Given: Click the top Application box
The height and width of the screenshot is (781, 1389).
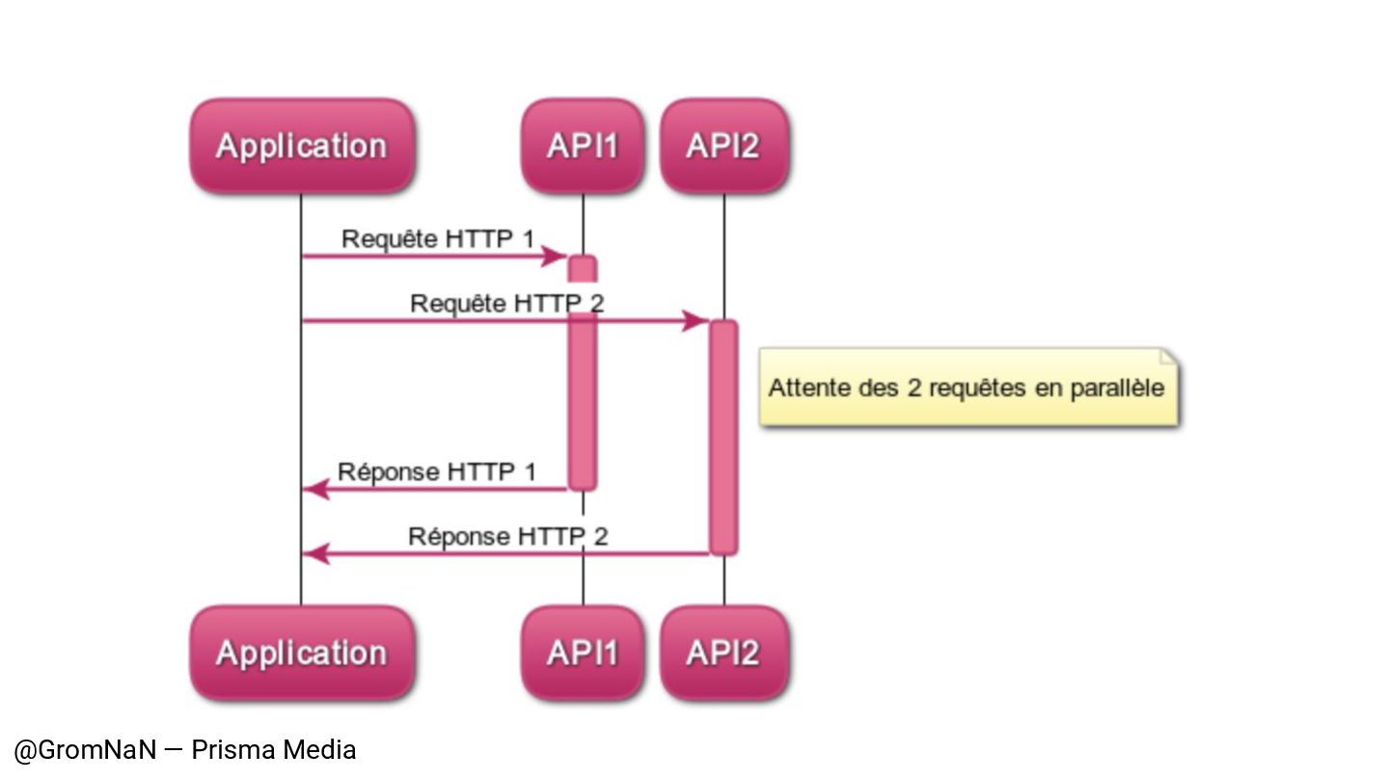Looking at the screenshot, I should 301,146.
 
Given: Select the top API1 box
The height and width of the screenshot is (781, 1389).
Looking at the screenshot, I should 582,146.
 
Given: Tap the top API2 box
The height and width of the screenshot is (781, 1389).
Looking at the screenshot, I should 723,146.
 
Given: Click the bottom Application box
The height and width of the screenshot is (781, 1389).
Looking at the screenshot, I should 301,653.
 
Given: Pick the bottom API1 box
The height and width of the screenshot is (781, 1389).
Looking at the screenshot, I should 582,653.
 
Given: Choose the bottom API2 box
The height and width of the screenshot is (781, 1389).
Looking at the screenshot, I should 723,653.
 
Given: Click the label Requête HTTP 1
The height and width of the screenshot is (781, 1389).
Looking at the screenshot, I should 437,238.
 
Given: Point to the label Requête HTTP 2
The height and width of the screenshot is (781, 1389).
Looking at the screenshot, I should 506,303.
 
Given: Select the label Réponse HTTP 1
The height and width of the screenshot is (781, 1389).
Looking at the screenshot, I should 436,471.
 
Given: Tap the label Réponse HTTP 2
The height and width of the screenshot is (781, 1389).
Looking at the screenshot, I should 507,535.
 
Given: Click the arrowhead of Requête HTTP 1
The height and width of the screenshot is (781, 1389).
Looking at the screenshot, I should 557,256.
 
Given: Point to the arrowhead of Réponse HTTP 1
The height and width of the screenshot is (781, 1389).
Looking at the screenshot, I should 314,489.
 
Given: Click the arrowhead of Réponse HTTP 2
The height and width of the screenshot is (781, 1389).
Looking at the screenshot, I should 314,553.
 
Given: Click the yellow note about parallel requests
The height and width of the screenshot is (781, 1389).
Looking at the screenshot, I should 967,388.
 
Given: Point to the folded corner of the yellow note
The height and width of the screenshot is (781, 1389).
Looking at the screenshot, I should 1168,357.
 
